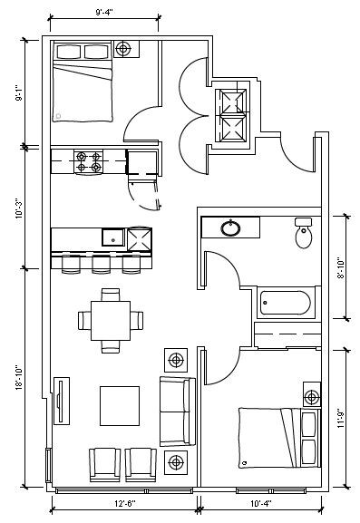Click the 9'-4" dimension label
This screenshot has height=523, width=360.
[x=104, y=13]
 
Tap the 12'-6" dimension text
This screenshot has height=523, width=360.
[x=125, y=503]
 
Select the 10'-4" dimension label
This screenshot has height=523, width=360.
[x=261, y=503]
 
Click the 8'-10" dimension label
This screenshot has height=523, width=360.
[x=340, y=267]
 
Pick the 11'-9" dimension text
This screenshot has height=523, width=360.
[x=340, y=418]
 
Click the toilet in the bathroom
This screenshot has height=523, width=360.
[x=304, y=233]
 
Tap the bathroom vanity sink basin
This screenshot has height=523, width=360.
[x=230, y=228]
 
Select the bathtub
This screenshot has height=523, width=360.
[x=286, y=303]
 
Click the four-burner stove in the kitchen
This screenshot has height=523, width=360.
[x=89, y=161]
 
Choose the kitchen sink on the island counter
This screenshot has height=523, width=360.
[x=113, y=237]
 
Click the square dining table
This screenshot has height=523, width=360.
[x=111, y=321]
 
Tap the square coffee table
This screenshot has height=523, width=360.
[x=120, y=406]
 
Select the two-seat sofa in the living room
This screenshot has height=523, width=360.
[x=178, y=412]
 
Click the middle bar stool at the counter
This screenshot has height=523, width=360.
[x=101, y=264]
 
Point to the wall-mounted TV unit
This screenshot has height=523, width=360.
[x=62, y=401]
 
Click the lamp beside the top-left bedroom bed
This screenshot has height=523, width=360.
[x=123, y=49]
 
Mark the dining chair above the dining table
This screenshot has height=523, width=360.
[x=111, y=295]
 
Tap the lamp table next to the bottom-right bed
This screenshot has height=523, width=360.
[x=312, y=397]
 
